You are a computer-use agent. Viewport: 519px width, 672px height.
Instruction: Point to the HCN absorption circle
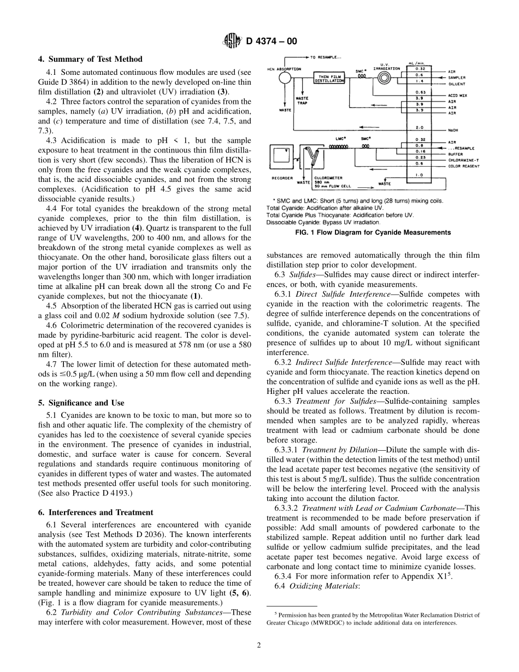(x=284, y=79)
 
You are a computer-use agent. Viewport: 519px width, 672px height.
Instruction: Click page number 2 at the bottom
(x=259, y=645)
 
